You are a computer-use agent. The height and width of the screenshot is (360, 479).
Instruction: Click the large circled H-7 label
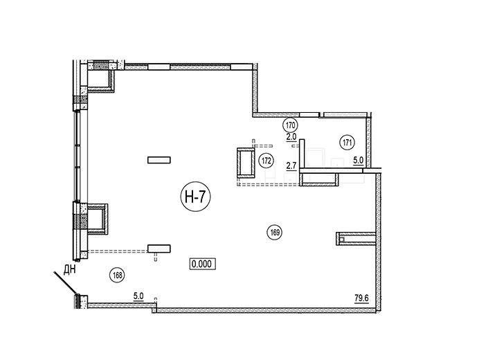click(x=196, y=198)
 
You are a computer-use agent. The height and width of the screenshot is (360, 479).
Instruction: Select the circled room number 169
click(x=275, y=232)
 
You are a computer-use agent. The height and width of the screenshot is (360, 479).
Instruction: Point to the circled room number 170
click(x=291, y=125)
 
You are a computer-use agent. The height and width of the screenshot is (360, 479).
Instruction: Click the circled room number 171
click(x=347, y=143)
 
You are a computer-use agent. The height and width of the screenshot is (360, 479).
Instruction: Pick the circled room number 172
click(x=266, y=161)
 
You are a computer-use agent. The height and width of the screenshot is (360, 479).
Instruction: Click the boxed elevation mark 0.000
click(x=203, y=264)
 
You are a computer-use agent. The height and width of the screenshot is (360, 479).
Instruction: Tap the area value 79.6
click(x=361, y=298)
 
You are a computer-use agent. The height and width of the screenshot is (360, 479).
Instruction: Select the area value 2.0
click(x=291, y=137)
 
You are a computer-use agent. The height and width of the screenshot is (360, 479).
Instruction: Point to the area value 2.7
click(x=291, y=166)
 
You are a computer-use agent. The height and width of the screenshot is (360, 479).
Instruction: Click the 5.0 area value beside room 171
click(x=358, y=160)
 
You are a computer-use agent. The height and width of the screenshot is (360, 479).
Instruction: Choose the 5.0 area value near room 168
click(x=138, y=296)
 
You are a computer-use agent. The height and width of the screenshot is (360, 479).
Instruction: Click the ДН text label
click(x=69, y=270)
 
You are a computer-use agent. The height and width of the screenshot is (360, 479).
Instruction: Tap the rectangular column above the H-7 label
click(x=159, y=160)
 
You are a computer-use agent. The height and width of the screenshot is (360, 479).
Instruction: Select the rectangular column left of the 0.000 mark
click(x=159, y=249)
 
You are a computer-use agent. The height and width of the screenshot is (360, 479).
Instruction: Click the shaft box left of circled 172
click(x=246, y=163)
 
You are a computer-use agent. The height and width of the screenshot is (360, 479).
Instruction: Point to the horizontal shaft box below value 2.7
click(x=319, y=179)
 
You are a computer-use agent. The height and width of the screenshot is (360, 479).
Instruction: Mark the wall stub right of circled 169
click(x=356, y=239)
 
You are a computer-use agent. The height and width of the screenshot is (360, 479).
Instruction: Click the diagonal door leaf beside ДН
click(x=64, y=284)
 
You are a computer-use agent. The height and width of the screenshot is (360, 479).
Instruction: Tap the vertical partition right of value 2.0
click(x=302, y=153)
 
